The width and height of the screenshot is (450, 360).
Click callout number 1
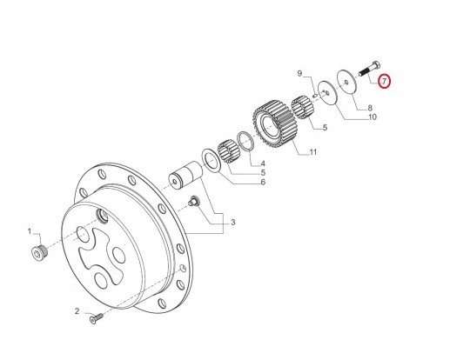pos(28,232)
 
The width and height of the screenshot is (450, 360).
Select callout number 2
pos(77,311)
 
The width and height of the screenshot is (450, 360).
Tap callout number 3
pos(232,223)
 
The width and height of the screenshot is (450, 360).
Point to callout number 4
pos(263,163)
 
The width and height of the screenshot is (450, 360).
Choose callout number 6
pos(262,182)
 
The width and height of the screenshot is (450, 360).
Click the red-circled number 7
pos(385,83)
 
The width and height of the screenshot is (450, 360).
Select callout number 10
pos(371,117)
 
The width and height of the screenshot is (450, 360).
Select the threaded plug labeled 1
pos(37,253)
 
